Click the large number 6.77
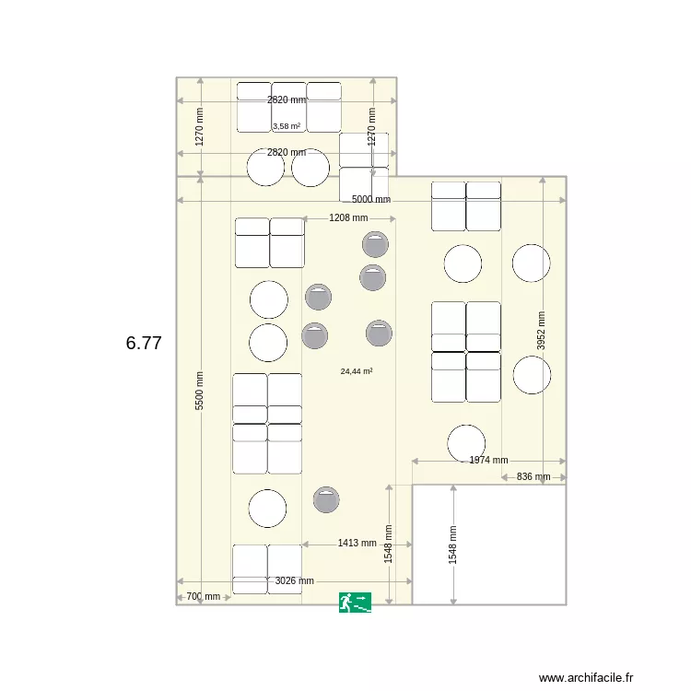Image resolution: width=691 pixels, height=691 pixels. click(144, 343)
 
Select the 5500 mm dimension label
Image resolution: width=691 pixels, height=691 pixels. click(200, 391)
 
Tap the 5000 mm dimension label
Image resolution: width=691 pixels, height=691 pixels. click(371, 199)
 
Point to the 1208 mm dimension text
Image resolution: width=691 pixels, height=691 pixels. click(348, 218)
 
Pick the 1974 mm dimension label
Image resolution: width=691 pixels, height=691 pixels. click(488, 460)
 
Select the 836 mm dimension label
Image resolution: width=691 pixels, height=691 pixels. click(533, 476)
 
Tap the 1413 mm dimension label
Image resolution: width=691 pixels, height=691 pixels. click(357, 544)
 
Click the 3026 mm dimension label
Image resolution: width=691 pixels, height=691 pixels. click(295, 580)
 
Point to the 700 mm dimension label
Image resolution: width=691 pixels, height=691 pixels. click(203, 597)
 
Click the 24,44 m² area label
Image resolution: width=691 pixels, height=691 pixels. click(357, 371)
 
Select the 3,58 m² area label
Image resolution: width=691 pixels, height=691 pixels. click(287, 126)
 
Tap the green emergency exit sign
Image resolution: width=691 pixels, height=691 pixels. click(355, 603)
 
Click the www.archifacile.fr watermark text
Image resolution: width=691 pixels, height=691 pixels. click(587, 677)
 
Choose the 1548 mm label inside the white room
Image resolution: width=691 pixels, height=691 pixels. click(452, 545)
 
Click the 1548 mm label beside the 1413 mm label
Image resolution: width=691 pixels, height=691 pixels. click(389, 545)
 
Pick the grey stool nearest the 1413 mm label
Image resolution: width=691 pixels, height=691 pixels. click(326, 499)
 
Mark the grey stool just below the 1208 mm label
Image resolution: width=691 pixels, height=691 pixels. click(375, 244)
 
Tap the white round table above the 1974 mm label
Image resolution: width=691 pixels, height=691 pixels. click(466, 443)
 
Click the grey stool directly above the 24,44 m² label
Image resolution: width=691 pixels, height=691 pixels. click(379, 333)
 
